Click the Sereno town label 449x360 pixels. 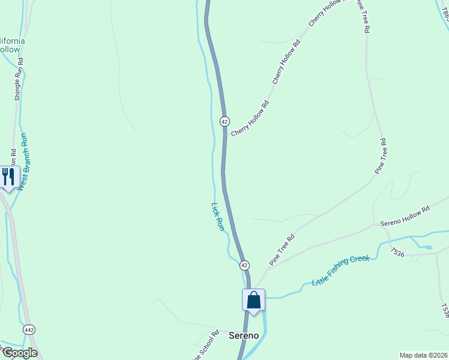coord(244,335)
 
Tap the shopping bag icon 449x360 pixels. coord(253,299)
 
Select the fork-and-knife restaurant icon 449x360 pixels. coord(8,176)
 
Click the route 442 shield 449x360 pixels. coord(29,330)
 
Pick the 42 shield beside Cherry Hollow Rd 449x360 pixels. coord(224,121)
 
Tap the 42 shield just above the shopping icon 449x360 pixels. coord(244,265)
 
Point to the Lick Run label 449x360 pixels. coord(217,217)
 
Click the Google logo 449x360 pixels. coord(19,353)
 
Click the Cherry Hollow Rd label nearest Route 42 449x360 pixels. coord(250,118)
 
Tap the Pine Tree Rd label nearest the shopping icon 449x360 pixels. coord(282,250)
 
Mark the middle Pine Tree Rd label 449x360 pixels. coord(381,157)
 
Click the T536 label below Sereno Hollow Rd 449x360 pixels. coord(398,253)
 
